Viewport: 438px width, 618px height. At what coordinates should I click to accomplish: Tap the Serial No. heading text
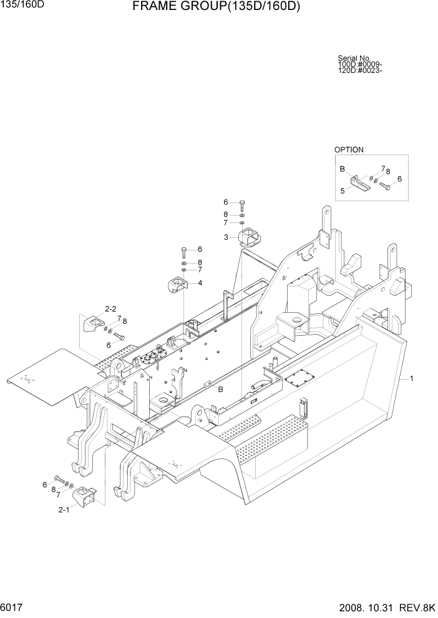point(354,59)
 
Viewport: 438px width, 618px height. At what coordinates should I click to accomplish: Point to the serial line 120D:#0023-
point(360,70)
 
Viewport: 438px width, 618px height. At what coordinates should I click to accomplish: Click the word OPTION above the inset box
point(349,150)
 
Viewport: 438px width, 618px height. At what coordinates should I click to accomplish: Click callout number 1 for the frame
point(412,378)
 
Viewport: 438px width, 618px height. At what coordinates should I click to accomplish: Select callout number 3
point(226,237)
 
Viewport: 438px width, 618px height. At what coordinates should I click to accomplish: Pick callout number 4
point(200,283)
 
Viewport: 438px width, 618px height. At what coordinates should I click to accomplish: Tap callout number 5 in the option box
point(342,191)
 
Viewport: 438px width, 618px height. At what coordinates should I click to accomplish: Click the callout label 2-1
point(64,510)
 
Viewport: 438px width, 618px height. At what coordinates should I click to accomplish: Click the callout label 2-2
point(111,308)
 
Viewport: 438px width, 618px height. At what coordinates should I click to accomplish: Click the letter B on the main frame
point(220,389)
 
